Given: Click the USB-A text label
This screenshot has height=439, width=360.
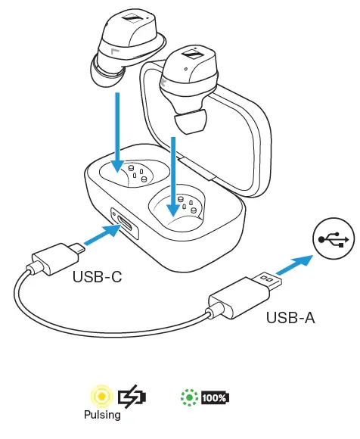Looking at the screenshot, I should [x=290, y=318].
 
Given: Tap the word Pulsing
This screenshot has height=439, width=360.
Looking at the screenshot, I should [x=102, y=415].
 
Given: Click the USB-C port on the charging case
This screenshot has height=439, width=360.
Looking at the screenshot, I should [x=124, y=224].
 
